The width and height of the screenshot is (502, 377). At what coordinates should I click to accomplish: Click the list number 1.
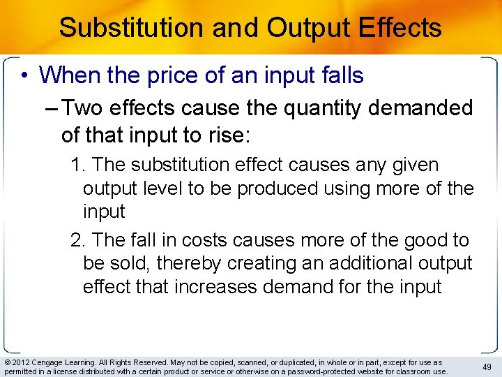(77, 165)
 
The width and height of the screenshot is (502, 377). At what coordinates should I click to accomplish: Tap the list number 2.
(77, 241)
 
